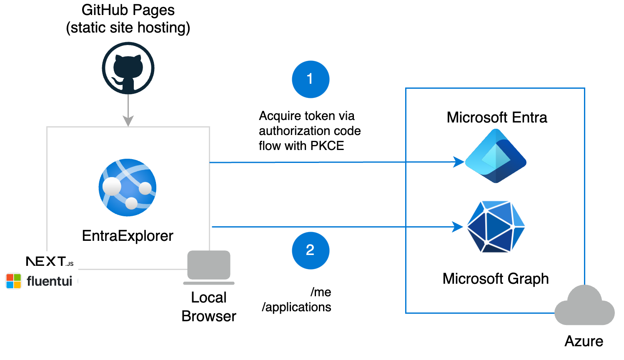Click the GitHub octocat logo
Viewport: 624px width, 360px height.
click(128, 68)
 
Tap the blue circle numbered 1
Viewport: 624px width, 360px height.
click(311, 79)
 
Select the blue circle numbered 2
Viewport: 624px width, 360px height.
click(311, 250)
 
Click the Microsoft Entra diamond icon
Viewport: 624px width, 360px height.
click(496, 156)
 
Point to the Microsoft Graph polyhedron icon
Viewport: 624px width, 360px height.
click(496, 227)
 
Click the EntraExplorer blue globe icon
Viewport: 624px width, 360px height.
click(128, 187)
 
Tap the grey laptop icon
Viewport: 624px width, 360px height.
click(209, 267)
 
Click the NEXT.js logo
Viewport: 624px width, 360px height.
click(50, 262)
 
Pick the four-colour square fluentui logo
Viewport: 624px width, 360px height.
click(14, 281)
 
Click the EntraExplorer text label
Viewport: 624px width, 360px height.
click(128, 236)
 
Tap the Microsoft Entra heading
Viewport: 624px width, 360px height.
click(496, 117)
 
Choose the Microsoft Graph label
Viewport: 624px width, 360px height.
click(496, 278)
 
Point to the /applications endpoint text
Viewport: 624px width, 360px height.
click(296, 307)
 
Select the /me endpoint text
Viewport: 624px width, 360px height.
click(321, 292)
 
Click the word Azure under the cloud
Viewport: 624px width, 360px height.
click(584, 341)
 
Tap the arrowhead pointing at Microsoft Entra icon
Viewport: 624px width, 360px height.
click(459, 162)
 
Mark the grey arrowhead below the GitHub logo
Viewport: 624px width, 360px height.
click(128, 121)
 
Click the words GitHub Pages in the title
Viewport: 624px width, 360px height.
click(128, 10)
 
